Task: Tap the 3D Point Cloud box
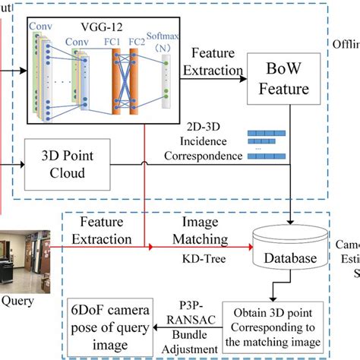pyautogui.click(x=74, y=164)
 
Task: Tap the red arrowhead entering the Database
pyautogui.click(x=250, y=248)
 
